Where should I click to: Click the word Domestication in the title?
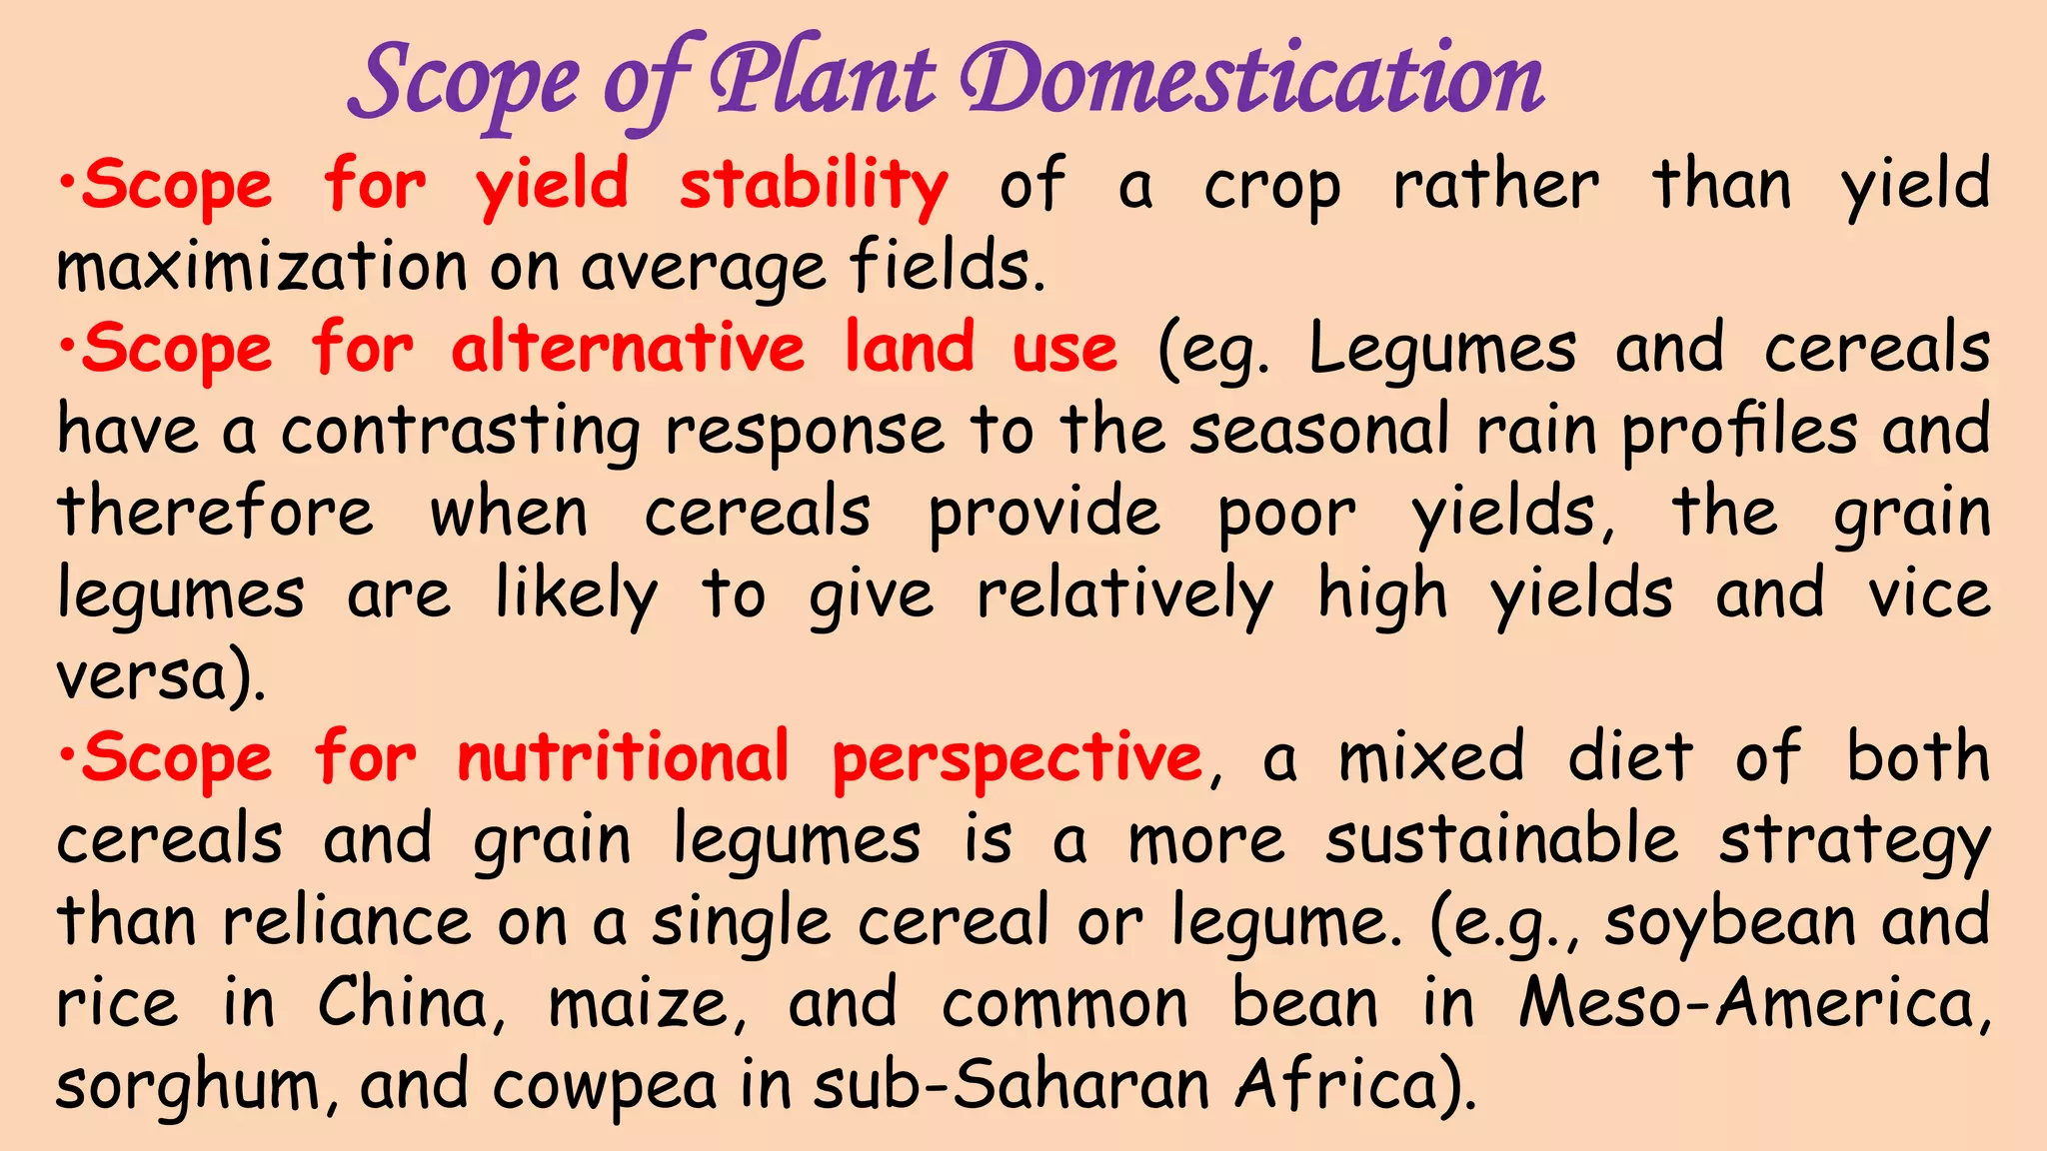[x=1253, y=80]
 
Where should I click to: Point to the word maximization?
[x=262, y=268]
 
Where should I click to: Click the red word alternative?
[x=628, y=349]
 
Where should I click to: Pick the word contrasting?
[x=460, y=432]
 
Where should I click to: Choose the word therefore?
[x=216, y=513]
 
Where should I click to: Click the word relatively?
[x=1124, y=594]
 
